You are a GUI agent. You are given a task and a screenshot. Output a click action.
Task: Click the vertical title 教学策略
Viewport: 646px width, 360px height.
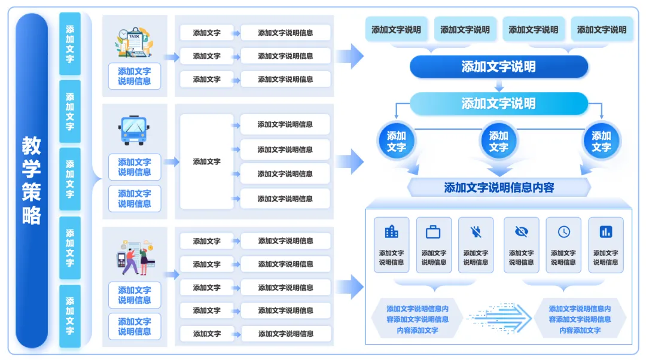point(31,181)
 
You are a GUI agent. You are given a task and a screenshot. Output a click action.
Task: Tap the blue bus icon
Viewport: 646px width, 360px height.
point(134,130)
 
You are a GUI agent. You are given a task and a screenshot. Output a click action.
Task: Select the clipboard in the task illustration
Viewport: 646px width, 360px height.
point(135,41)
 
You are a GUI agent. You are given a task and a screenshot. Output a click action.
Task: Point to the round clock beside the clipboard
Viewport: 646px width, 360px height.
point(123,34)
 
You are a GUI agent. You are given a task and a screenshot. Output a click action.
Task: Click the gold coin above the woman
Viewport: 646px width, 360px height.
point(151,248)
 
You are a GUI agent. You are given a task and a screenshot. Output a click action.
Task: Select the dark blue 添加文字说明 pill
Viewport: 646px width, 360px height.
point(498,67)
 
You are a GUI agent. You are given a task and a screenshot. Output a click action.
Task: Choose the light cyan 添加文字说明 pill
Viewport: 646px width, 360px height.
point(498,103)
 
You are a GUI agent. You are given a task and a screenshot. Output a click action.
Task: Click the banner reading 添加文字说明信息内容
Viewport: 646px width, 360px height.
point(499,188)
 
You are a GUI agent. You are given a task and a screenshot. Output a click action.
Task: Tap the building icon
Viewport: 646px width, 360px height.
point(391,232)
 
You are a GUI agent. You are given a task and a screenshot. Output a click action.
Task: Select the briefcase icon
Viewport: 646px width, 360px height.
point(433,232)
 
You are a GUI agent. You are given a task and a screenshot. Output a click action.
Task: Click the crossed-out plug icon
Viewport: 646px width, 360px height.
point(476,232)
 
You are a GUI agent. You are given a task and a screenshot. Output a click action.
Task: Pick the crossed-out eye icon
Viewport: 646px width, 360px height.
point(522,232)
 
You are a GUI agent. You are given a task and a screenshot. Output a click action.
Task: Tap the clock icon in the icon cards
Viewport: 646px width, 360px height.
point(563,232)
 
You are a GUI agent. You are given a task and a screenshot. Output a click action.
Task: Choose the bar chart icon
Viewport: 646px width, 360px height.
point(605,232)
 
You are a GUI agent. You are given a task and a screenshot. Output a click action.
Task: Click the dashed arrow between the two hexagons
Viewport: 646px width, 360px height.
point(499,318)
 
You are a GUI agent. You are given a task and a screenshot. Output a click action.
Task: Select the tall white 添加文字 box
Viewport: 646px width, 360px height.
point(207,161)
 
